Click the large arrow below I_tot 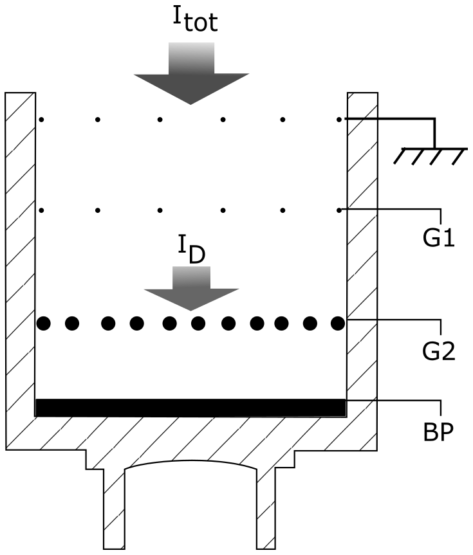pyautogui.click(x=190, y=74)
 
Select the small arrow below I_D pyautogui.click(x=191, y=290)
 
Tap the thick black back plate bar pyautogui.click(x=190, y=407)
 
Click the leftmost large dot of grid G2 pyautogui.click(x=43, y=323)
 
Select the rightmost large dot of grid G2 pyautogui.click(x=338, y=323)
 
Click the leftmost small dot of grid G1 pyautogui.click(x=41, y=210)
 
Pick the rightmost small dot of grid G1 pyautogui.click(x=339, y=210)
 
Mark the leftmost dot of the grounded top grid pyautogui.click(x=41, y=119)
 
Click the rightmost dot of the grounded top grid pyautogui.click(x=339, y=119)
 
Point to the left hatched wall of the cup pyautogui.click(x=19, y=257)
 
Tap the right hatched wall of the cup pyautogui.click(x=362, y=257)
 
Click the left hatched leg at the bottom pyautogui.click(x=113, y=508)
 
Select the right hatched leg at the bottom pyautogui.click(x=268, y=508)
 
